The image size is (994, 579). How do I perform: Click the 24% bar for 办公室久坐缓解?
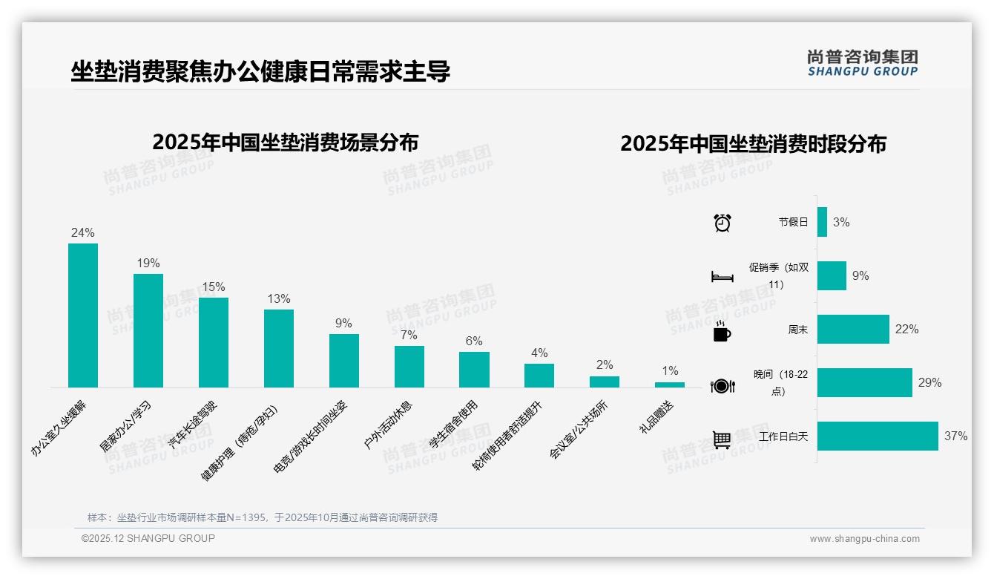tap(83, 315)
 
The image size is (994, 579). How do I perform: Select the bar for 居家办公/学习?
tap(148, 330)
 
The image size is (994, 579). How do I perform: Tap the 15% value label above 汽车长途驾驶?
tap(214, 287)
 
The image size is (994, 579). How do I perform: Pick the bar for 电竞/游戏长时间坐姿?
tap(344, 360)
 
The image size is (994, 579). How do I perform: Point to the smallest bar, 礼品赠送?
tap(670, 385)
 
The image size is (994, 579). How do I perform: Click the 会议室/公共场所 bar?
tap(605, 382)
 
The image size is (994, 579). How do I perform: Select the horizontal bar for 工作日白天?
tap(878, 436)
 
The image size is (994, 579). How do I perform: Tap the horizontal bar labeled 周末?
tap(853, 329)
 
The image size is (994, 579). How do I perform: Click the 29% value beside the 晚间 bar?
tap(930, 382)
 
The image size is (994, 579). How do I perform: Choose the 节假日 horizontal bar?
tap(822, 222)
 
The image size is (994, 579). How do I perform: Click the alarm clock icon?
tap(723, 222)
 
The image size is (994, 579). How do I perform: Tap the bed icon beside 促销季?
tap(723, 276)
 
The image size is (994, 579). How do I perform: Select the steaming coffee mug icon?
tap(722, 331)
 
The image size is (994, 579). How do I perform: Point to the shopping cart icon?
tap(722, 439)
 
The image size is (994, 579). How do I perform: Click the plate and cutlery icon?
tap(723, 385)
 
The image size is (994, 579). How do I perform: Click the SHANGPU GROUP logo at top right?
tap(863, 62)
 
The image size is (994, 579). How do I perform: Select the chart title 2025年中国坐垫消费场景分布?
tap(286, 142)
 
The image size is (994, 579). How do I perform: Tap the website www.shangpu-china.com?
tap(864, 539)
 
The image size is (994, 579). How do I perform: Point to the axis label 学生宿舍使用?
tap(454, 425)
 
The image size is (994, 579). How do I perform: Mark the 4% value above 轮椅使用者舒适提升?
tap(539, 353)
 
